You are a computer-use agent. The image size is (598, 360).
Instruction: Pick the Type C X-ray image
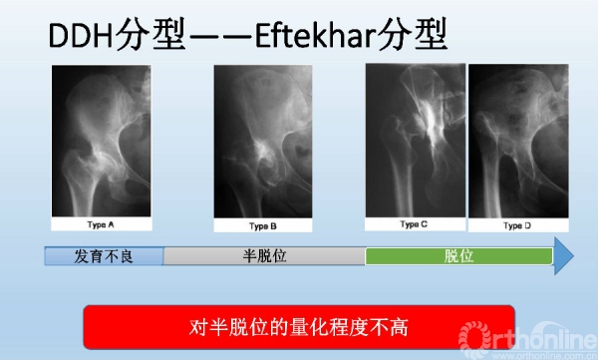click(415, 140)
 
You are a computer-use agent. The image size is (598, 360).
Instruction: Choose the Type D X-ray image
click(517, 140)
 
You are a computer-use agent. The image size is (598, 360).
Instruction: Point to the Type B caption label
click(263, 225)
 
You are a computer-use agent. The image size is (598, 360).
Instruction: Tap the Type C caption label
click(415, 224)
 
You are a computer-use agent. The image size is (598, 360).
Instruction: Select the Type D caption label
click(517, 225)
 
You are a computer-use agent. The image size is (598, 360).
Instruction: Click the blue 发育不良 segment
click(104, 256)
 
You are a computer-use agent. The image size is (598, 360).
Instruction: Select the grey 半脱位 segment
click(264, 256)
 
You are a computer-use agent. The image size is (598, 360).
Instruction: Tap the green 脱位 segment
click(458, 256)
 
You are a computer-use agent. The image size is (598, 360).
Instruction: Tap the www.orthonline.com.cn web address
click(544, 354)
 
